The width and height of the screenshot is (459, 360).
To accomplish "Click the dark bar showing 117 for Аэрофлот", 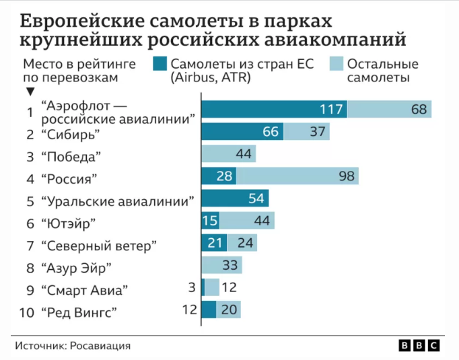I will pyautogui.click(x=274, y=110).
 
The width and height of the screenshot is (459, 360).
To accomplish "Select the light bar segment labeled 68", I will pyautogui.click(x=389, y=110).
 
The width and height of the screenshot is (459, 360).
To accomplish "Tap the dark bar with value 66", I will pyautogui.click(x=242, y=132).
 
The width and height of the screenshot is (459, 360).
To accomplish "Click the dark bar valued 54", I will pyautogui.click(x=235, y=199).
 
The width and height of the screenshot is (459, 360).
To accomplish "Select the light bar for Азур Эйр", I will pyautogui.click(x=221, y=265).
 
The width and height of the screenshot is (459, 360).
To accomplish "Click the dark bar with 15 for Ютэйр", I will pyautogui.click(x=211, y=221).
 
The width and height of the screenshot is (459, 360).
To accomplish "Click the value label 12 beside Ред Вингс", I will pyautogui.click(x=190, y=310).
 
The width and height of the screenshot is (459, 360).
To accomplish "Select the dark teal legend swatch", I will pyautogui.click(x=160, y=64).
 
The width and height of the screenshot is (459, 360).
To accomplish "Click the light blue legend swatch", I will pyautogui.click(x=337, y=64).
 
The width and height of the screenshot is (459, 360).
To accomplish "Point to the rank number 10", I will pyautogui.click(x=26, y=312).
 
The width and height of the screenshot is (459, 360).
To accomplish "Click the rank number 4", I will pyautogui.click(x=29, y=179).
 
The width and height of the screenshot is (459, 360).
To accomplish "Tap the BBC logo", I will pyautogui.click(x=419, y=345).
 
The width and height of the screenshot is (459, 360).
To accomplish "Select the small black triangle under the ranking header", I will pyautogui.click(x=29, y=92).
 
